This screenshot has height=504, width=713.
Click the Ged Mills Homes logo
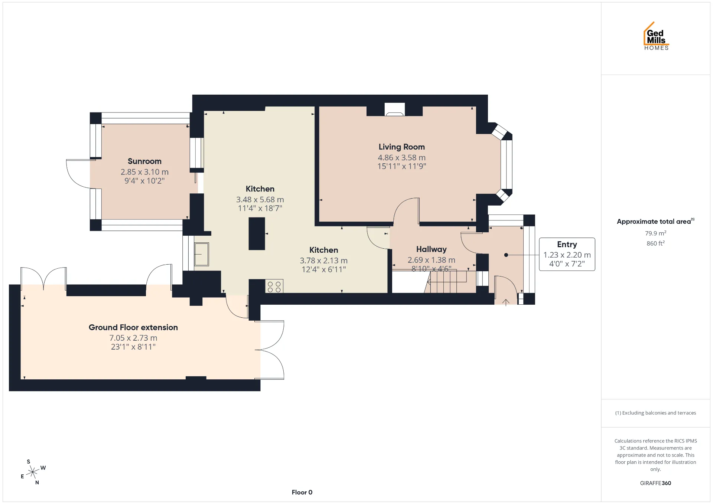[x=656, y=36]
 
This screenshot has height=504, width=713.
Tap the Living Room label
[x=401, y=147]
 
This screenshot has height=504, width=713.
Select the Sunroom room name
[x=144, y=161]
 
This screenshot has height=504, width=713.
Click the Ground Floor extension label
[x=133, y=327]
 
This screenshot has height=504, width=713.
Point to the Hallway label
[x=431, y=249]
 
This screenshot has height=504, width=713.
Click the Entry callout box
[x=567, y=254]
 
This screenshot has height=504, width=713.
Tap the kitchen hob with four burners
[x=274, y=286]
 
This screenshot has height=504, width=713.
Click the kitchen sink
[x=201, y=254]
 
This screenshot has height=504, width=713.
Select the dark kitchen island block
[x=257, y=233]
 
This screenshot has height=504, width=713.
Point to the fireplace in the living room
[x=394, y=109]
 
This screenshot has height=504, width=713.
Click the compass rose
[x=33, y=472]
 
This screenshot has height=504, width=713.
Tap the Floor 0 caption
[x=302, y=492]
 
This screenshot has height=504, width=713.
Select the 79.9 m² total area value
[x=655, y=233]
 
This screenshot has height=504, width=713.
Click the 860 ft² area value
[x=655, y=243]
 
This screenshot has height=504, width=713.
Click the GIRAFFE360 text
[x=655, y=483]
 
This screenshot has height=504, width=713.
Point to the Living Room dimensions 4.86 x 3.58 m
[x=401, y=158]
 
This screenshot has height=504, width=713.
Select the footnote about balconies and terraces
[x=655, y=413]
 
